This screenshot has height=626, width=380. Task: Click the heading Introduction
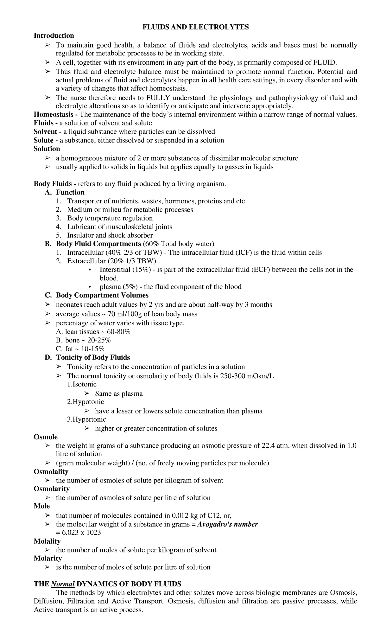[54, 35]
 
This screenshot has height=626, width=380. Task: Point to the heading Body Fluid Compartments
[98, 244]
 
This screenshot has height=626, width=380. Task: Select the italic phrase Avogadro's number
[227, 524]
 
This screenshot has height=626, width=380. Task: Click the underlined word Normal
[63, 584]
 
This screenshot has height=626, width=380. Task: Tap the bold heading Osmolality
[51, 471]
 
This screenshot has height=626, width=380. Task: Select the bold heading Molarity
[48, 558]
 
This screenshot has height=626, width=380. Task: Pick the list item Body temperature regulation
[110, 218]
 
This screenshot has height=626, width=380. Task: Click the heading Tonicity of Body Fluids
[93, 357]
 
